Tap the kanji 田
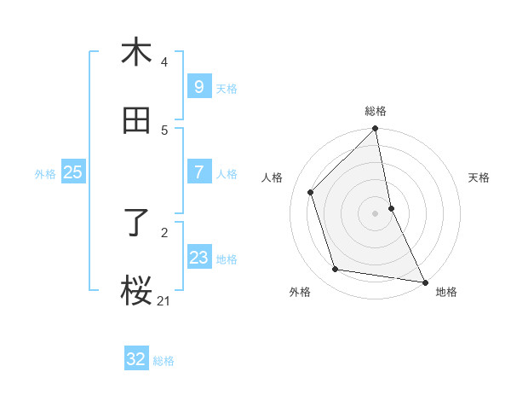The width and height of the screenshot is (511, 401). pos(136,120)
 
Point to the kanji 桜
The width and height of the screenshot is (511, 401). pos(136,291)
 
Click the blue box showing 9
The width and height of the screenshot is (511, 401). pos(198,86)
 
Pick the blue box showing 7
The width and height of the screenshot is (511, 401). pos(198,172)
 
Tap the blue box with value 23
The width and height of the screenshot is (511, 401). pos(198,258)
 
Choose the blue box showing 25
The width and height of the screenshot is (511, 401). pos(73,172)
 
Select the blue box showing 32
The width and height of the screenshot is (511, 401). pos(136,359)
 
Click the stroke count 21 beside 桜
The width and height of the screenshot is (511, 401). pos(164,300)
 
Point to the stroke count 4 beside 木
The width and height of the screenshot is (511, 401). pos(164,61)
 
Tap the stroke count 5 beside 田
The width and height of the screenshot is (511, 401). pos(164,130)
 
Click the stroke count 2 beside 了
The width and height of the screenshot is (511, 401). pos(164,231)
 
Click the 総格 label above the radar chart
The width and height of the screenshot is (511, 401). pos(376,111)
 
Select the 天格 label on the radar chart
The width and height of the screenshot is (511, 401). pos(479,177)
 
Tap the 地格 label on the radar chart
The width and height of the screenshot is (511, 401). pos(446,292)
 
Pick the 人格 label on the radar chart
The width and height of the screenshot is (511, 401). pos(273,177)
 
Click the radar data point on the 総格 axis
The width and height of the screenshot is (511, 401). pos(376,129)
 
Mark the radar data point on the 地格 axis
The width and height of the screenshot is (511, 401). pos(424,281)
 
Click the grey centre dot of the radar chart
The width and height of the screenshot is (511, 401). pos(376,212)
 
